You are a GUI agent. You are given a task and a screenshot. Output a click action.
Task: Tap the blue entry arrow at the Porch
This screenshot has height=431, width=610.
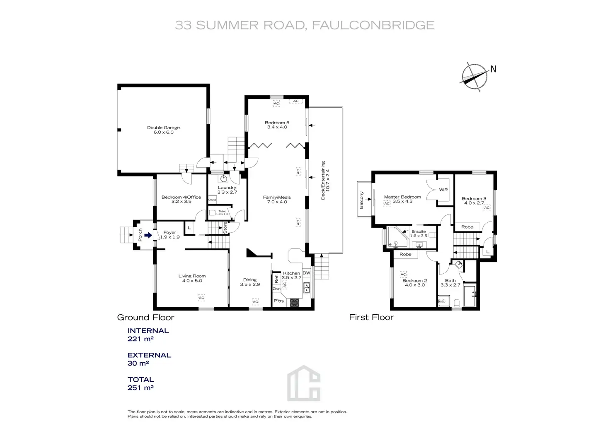point(148,235)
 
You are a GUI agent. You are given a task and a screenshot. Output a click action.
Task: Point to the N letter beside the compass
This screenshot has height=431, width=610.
point(493,69)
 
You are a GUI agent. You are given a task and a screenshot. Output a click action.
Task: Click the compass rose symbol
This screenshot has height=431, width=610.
point(474,77)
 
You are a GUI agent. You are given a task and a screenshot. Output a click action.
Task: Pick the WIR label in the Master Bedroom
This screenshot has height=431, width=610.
point(443,190)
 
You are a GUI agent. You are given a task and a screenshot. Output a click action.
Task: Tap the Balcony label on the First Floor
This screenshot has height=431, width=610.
point(361,200)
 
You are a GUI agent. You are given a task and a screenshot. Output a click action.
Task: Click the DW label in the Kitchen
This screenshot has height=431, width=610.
point(306,273)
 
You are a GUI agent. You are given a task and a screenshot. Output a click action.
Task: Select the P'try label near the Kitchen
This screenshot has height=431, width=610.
point(279,301)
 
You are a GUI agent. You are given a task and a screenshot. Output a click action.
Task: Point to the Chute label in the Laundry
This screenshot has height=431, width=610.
point(212,200)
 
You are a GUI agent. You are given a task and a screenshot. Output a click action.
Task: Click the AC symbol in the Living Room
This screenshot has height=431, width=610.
point(201,298)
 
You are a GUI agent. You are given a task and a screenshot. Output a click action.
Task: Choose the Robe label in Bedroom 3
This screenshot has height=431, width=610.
point(467,227)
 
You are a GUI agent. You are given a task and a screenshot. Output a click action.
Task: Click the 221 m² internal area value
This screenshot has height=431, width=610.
point(140,339)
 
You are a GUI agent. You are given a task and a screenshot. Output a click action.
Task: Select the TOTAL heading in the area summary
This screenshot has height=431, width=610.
point(141,379)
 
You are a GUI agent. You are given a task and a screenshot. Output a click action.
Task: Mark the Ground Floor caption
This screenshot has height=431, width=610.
point(146,317)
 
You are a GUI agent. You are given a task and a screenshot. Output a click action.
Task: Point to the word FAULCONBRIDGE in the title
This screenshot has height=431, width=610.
point(373,25)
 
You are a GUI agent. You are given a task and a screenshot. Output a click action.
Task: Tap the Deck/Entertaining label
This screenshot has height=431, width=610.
point(325,181)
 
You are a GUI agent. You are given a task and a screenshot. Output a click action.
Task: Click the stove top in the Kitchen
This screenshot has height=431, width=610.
point(294,303)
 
